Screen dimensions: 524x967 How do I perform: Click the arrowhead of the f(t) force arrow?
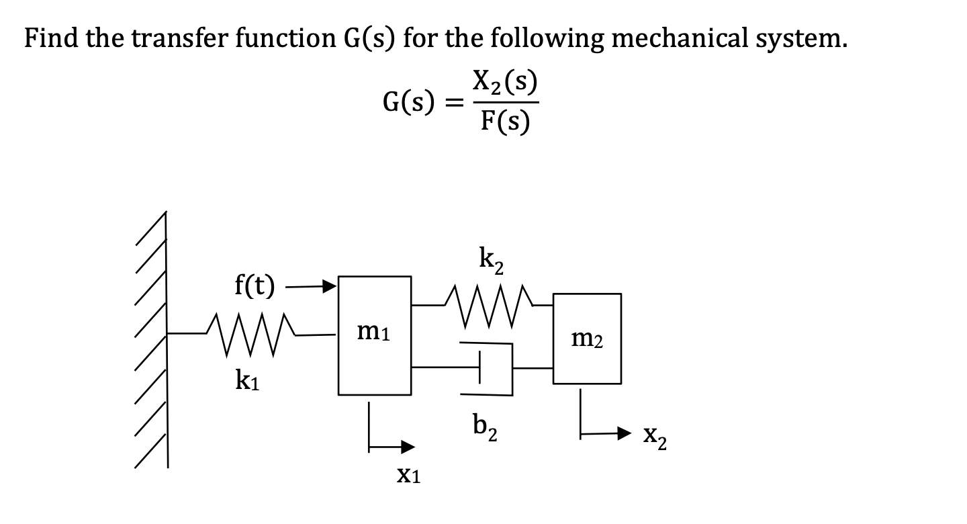tap(330, 287)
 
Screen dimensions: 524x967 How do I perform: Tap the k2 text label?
tap(493, 259)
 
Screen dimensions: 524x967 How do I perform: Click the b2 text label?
tap(485, 426)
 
